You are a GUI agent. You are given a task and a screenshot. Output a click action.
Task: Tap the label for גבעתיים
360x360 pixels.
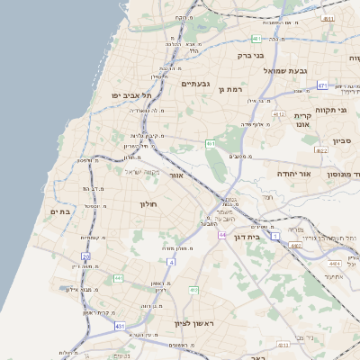click(x=195, y=84)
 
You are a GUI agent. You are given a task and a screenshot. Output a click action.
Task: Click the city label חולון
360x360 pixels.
click(x=148, y=204)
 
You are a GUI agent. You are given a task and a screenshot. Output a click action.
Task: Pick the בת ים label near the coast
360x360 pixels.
click(x=56, y=211)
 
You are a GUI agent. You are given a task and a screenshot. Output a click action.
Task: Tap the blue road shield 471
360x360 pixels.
click(x=322, y=85)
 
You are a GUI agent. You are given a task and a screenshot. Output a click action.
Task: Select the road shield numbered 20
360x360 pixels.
click(x=85, y=256)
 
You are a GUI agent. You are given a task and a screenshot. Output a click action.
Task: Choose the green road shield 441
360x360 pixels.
click(x=119, y=279)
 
